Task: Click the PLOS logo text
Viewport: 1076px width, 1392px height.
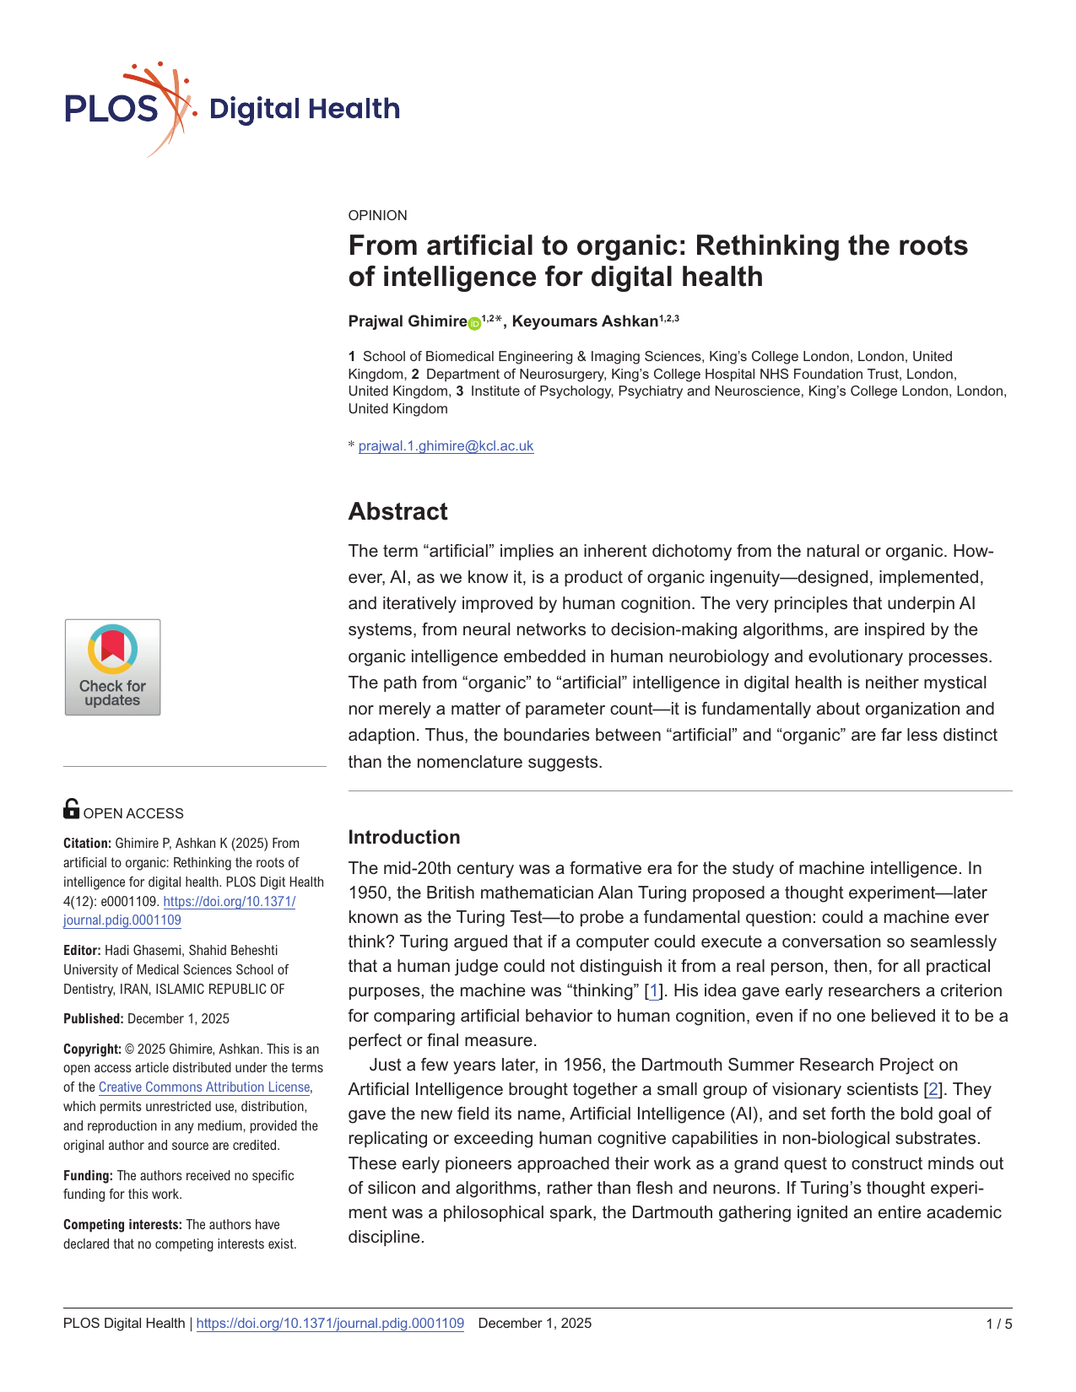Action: point(111,110)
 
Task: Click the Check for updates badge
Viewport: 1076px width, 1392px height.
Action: point(112,667)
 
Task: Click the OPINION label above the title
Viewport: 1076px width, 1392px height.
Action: point(377,215)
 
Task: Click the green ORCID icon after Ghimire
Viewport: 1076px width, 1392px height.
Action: point(474,323)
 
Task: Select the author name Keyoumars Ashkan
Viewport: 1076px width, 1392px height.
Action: point(585,321)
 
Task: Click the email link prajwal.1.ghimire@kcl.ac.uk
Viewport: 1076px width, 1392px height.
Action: point(446,445)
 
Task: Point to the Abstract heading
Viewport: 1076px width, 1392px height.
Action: point(397,511)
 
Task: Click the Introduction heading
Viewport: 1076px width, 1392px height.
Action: point(404,837)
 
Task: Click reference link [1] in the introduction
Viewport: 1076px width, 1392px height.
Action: point(653,991)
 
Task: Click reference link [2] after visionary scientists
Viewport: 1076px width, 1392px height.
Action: point(933,1089)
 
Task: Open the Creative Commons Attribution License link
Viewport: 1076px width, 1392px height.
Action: point(204,1087)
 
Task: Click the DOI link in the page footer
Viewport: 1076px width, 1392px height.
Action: point(330,1323)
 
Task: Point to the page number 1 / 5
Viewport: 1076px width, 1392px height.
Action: point(998,1324)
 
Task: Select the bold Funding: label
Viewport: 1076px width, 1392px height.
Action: point(88,1175)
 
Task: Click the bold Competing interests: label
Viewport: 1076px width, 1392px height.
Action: point(122,1224)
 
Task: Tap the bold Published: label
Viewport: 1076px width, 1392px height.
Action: point(93,1018)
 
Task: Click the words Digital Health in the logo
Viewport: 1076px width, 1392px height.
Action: point(304,109)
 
